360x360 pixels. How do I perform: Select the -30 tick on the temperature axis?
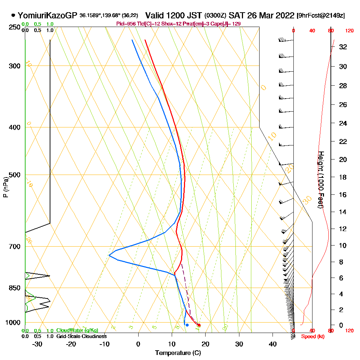37,343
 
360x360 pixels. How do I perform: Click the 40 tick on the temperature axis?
273,343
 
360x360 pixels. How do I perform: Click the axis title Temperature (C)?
178,353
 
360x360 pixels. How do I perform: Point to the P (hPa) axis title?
5,187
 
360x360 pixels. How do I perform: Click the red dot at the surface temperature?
199,325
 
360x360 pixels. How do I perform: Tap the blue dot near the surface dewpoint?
187,325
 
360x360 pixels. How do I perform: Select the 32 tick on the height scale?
343,47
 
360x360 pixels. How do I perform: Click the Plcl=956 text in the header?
125,23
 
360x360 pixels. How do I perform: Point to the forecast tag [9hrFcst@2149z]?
320,15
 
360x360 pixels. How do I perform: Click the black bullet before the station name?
13,15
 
